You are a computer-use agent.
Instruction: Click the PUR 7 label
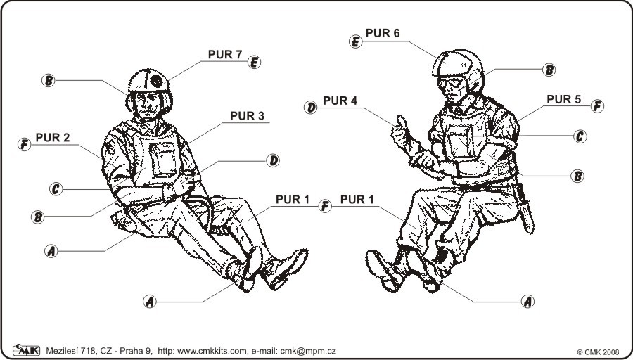[225, 54]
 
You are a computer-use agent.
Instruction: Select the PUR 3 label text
[247, 116]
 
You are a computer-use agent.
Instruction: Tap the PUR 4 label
[340, 101]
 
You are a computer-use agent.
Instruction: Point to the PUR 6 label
[383, 34]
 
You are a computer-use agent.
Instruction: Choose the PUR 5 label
[563, 99]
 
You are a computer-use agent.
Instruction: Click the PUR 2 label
[53, 138]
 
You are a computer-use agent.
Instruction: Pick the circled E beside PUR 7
[255, 62]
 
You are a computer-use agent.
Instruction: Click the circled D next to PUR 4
[310, 108]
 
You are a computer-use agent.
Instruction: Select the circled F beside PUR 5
[597, 106]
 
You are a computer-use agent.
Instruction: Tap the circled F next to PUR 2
[24, 144]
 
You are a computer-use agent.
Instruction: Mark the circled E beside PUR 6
[356, 41]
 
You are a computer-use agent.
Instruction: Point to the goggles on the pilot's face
[451, 83]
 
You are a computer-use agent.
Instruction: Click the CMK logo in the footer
[26, 350]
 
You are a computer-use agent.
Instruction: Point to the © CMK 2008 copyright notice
[598, 352]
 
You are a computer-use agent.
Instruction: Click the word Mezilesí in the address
[61, 351]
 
